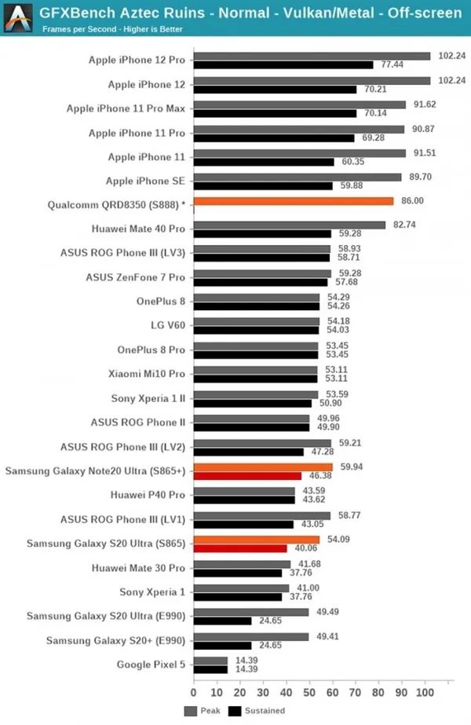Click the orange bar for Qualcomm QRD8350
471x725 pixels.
[293, 201]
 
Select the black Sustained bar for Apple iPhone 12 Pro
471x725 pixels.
[283, 64]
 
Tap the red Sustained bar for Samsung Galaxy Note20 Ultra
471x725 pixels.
[247, 476]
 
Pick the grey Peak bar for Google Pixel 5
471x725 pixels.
[210, 661]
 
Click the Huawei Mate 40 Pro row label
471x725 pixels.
[138, 229]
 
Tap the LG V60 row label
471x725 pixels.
[168, 325]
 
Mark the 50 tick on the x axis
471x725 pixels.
[309, 694]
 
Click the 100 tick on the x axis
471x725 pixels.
[425, 694]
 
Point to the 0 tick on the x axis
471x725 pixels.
[194, 694]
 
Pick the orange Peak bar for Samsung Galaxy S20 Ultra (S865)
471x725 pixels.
[256, 540]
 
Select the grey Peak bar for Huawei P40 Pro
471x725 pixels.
[244, 491]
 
